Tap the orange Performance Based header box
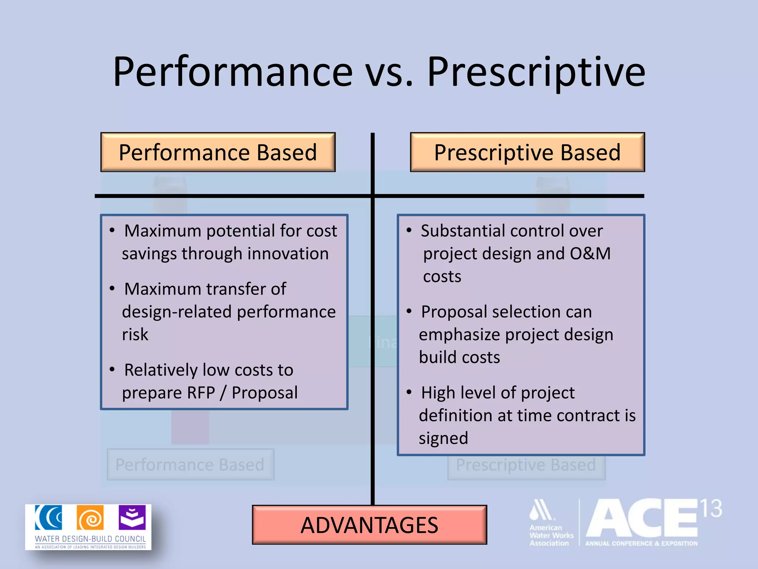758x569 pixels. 218,152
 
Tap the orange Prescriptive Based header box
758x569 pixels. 527,152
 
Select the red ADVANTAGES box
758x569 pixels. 369,525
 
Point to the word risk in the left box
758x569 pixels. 135,335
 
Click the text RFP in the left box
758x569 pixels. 201,393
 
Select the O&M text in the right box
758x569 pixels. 590,254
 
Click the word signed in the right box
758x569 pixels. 443,438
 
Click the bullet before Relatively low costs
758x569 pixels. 112,369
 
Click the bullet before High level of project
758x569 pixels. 409,392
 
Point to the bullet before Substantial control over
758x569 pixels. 409,230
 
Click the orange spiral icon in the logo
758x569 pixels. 90,518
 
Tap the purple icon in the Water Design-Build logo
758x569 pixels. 132,518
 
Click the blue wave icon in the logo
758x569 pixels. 48,518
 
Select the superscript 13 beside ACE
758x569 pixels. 711,509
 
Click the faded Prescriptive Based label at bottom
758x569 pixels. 526,465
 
